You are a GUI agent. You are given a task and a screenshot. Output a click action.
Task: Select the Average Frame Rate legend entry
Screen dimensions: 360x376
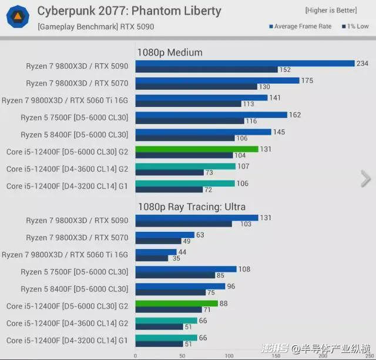[x=300, y=26]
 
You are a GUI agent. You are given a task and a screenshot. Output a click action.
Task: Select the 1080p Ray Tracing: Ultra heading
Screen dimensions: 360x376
[x=191, y=206]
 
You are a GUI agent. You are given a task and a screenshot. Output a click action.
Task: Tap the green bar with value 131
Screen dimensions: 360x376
[x=197, y=149]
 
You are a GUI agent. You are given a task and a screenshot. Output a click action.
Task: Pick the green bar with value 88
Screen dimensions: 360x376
[x=176, y=303]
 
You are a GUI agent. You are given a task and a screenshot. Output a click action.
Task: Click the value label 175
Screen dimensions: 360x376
[x=307, y=80]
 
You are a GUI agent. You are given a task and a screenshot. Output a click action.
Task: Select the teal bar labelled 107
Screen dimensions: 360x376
[x=185, y=166]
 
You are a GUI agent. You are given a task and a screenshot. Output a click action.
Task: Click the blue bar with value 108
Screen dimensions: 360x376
[x=186, y=269]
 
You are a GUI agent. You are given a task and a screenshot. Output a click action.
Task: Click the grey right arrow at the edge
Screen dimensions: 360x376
[x=365, y=178]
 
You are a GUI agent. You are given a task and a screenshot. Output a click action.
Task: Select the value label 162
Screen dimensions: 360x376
[x=294, y=115]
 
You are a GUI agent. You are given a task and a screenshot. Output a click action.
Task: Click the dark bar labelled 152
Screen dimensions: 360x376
[x=206, y=69]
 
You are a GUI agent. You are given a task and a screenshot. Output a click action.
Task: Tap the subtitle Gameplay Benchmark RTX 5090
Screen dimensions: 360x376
[x=86, y=26]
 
